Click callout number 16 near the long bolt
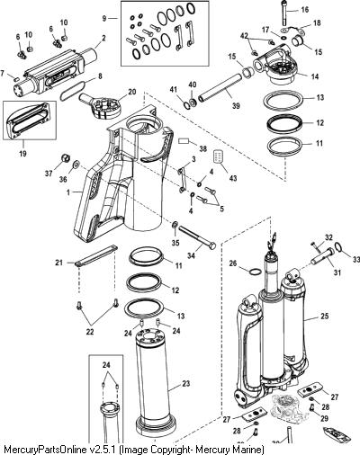pyautogui.click(x=304, y=10)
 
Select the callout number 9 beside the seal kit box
pyautogui.click(x=104, y=19)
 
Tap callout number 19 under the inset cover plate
pyautogui.click(x=22, y=154)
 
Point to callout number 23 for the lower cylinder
pyautogui.click(x=186, y=383)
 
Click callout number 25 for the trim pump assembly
pyautogui.click(x=324, y=316)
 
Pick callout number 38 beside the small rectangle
pyautogui.click(x=203, y=148)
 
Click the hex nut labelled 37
pyautogui.click(x=65, y=157)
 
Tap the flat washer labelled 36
pyautogui.click(x=76, y=164)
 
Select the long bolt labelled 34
pyautogui.click(x=197, y=237)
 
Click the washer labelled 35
pyautogui.click(x=175, y=225)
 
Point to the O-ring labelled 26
pyautogui.click(x=255, y=272)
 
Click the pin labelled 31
pyautogui.click(x=321, y=257)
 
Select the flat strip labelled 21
pyautogui.click(x=95, y=255)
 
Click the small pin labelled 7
pyautogui.click(x=17, y=79)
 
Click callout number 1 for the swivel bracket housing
pyautogui.click(x=68, y=192)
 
